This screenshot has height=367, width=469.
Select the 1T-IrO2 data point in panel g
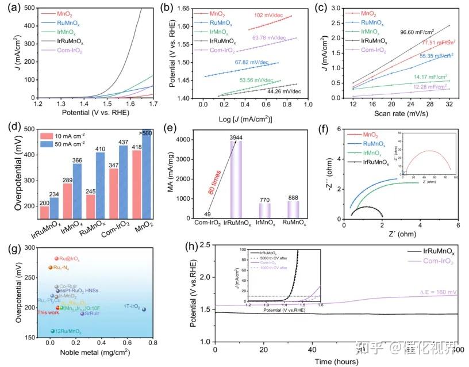tap(144, 309)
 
